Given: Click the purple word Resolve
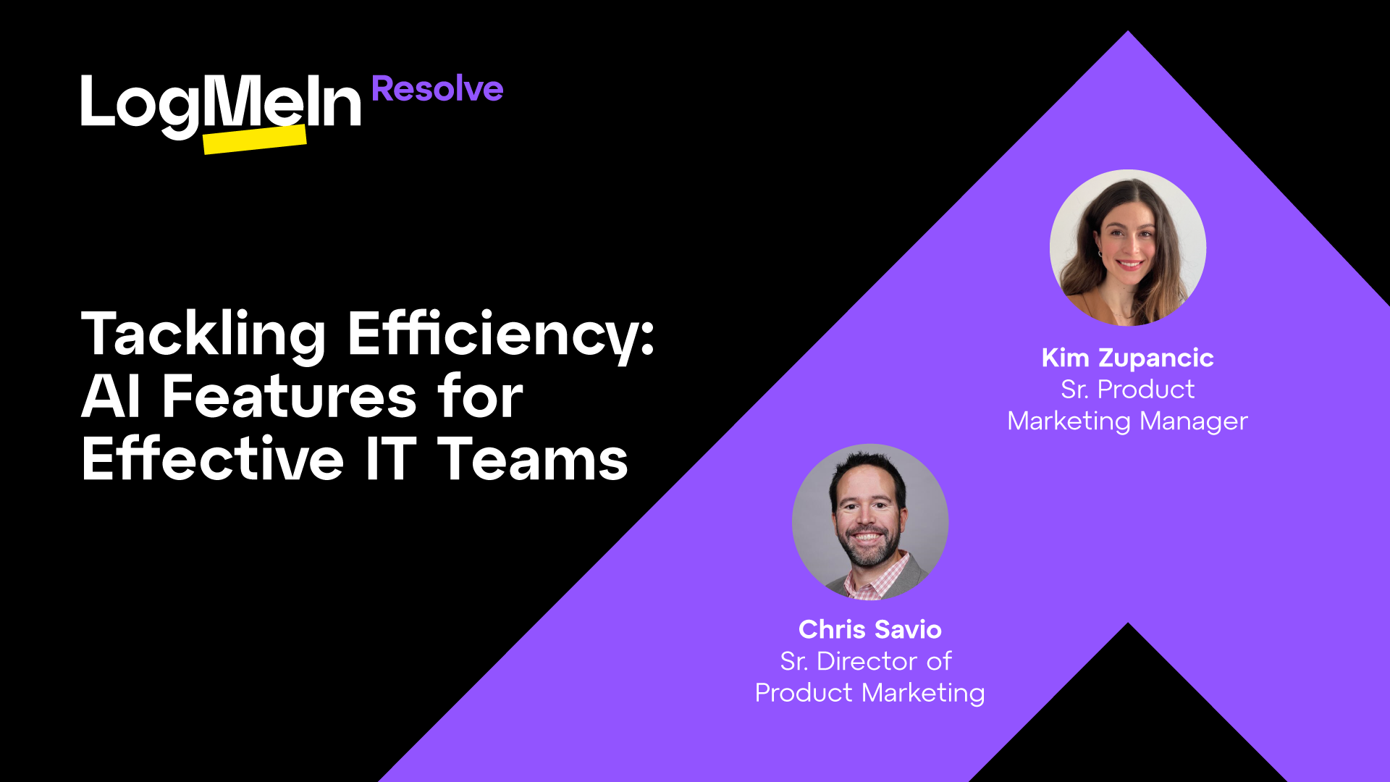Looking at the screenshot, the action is point(437,89).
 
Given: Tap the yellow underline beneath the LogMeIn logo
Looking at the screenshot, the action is point(255,139).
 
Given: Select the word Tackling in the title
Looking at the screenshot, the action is point(203,335).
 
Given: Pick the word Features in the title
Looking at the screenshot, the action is point(289,397).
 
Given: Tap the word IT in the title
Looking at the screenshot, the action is point(391,459).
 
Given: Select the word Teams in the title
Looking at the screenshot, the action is point(534,459).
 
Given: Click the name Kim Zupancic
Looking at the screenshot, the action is point(1127,358).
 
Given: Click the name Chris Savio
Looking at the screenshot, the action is point(869,630).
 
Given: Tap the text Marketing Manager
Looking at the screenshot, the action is point(1127,421).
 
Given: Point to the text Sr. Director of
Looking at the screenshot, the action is point(866,661).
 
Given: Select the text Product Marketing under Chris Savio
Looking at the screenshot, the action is point(869,694).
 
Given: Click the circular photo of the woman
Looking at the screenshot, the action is point(1127,248).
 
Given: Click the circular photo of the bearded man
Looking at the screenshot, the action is point(869,522).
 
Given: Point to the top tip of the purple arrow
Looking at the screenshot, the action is point(1127,31).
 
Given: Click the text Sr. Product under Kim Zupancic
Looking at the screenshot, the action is point(1127,390).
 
